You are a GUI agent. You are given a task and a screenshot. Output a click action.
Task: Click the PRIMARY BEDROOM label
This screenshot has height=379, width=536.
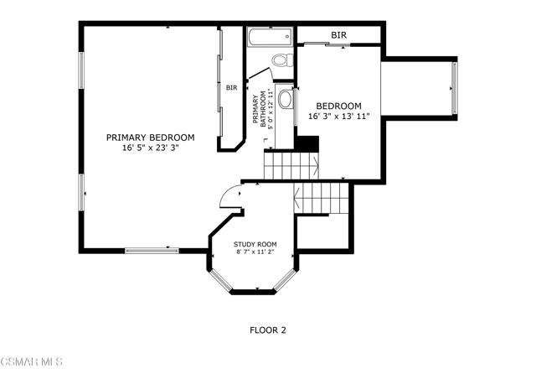(151, 138)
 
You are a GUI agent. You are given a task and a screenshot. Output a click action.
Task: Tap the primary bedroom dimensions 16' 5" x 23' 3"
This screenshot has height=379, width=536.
(151, 148)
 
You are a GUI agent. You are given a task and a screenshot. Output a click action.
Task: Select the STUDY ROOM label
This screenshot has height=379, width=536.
(255, 245)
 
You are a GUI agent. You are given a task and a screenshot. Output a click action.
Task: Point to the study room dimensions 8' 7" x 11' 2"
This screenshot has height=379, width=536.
(255, 252)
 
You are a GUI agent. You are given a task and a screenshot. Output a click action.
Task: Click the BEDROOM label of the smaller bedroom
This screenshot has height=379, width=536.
(338, 106)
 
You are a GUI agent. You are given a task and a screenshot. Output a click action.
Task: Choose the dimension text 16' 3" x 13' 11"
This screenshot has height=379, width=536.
(339, 117)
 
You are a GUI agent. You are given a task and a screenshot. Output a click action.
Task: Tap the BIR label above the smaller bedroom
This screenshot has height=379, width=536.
(338, 35)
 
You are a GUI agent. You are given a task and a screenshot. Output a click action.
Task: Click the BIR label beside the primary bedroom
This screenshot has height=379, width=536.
(231, 88)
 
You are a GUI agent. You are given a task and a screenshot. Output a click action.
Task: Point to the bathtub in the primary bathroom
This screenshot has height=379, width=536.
(270, 37)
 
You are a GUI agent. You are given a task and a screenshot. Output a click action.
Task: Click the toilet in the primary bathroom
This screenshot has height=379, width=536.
(283, 60)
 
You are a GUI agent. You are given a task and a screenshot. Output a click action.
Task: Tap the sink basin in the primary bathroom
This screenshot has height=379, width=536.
(286, 99)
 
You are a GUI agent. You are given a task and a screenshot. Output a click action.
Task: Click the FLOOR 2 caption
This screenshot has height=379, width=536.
(268, 330)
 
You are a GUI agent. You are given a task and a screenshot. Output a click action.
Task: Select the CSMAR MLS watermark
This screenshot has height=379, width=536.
(32, 361)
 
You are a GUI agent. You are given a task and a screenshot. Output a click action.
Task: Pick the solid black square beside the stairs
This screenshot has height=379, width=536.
(307, 144)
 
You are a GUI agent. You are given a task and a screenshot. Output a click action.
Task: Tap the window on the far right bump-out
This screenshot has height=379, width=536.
(454, 88)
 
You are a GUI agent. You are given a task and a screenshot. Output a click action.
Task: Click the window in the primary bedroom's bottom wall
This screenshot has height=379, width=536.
(152, 251)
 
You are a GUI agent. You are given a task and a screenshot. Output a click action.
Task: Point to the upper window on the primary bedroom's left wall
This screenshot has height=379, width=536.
(81, 70)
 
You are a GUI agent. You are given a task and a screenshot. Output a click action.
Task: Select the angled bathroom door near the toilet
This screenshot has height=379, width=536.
(258, 74)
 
